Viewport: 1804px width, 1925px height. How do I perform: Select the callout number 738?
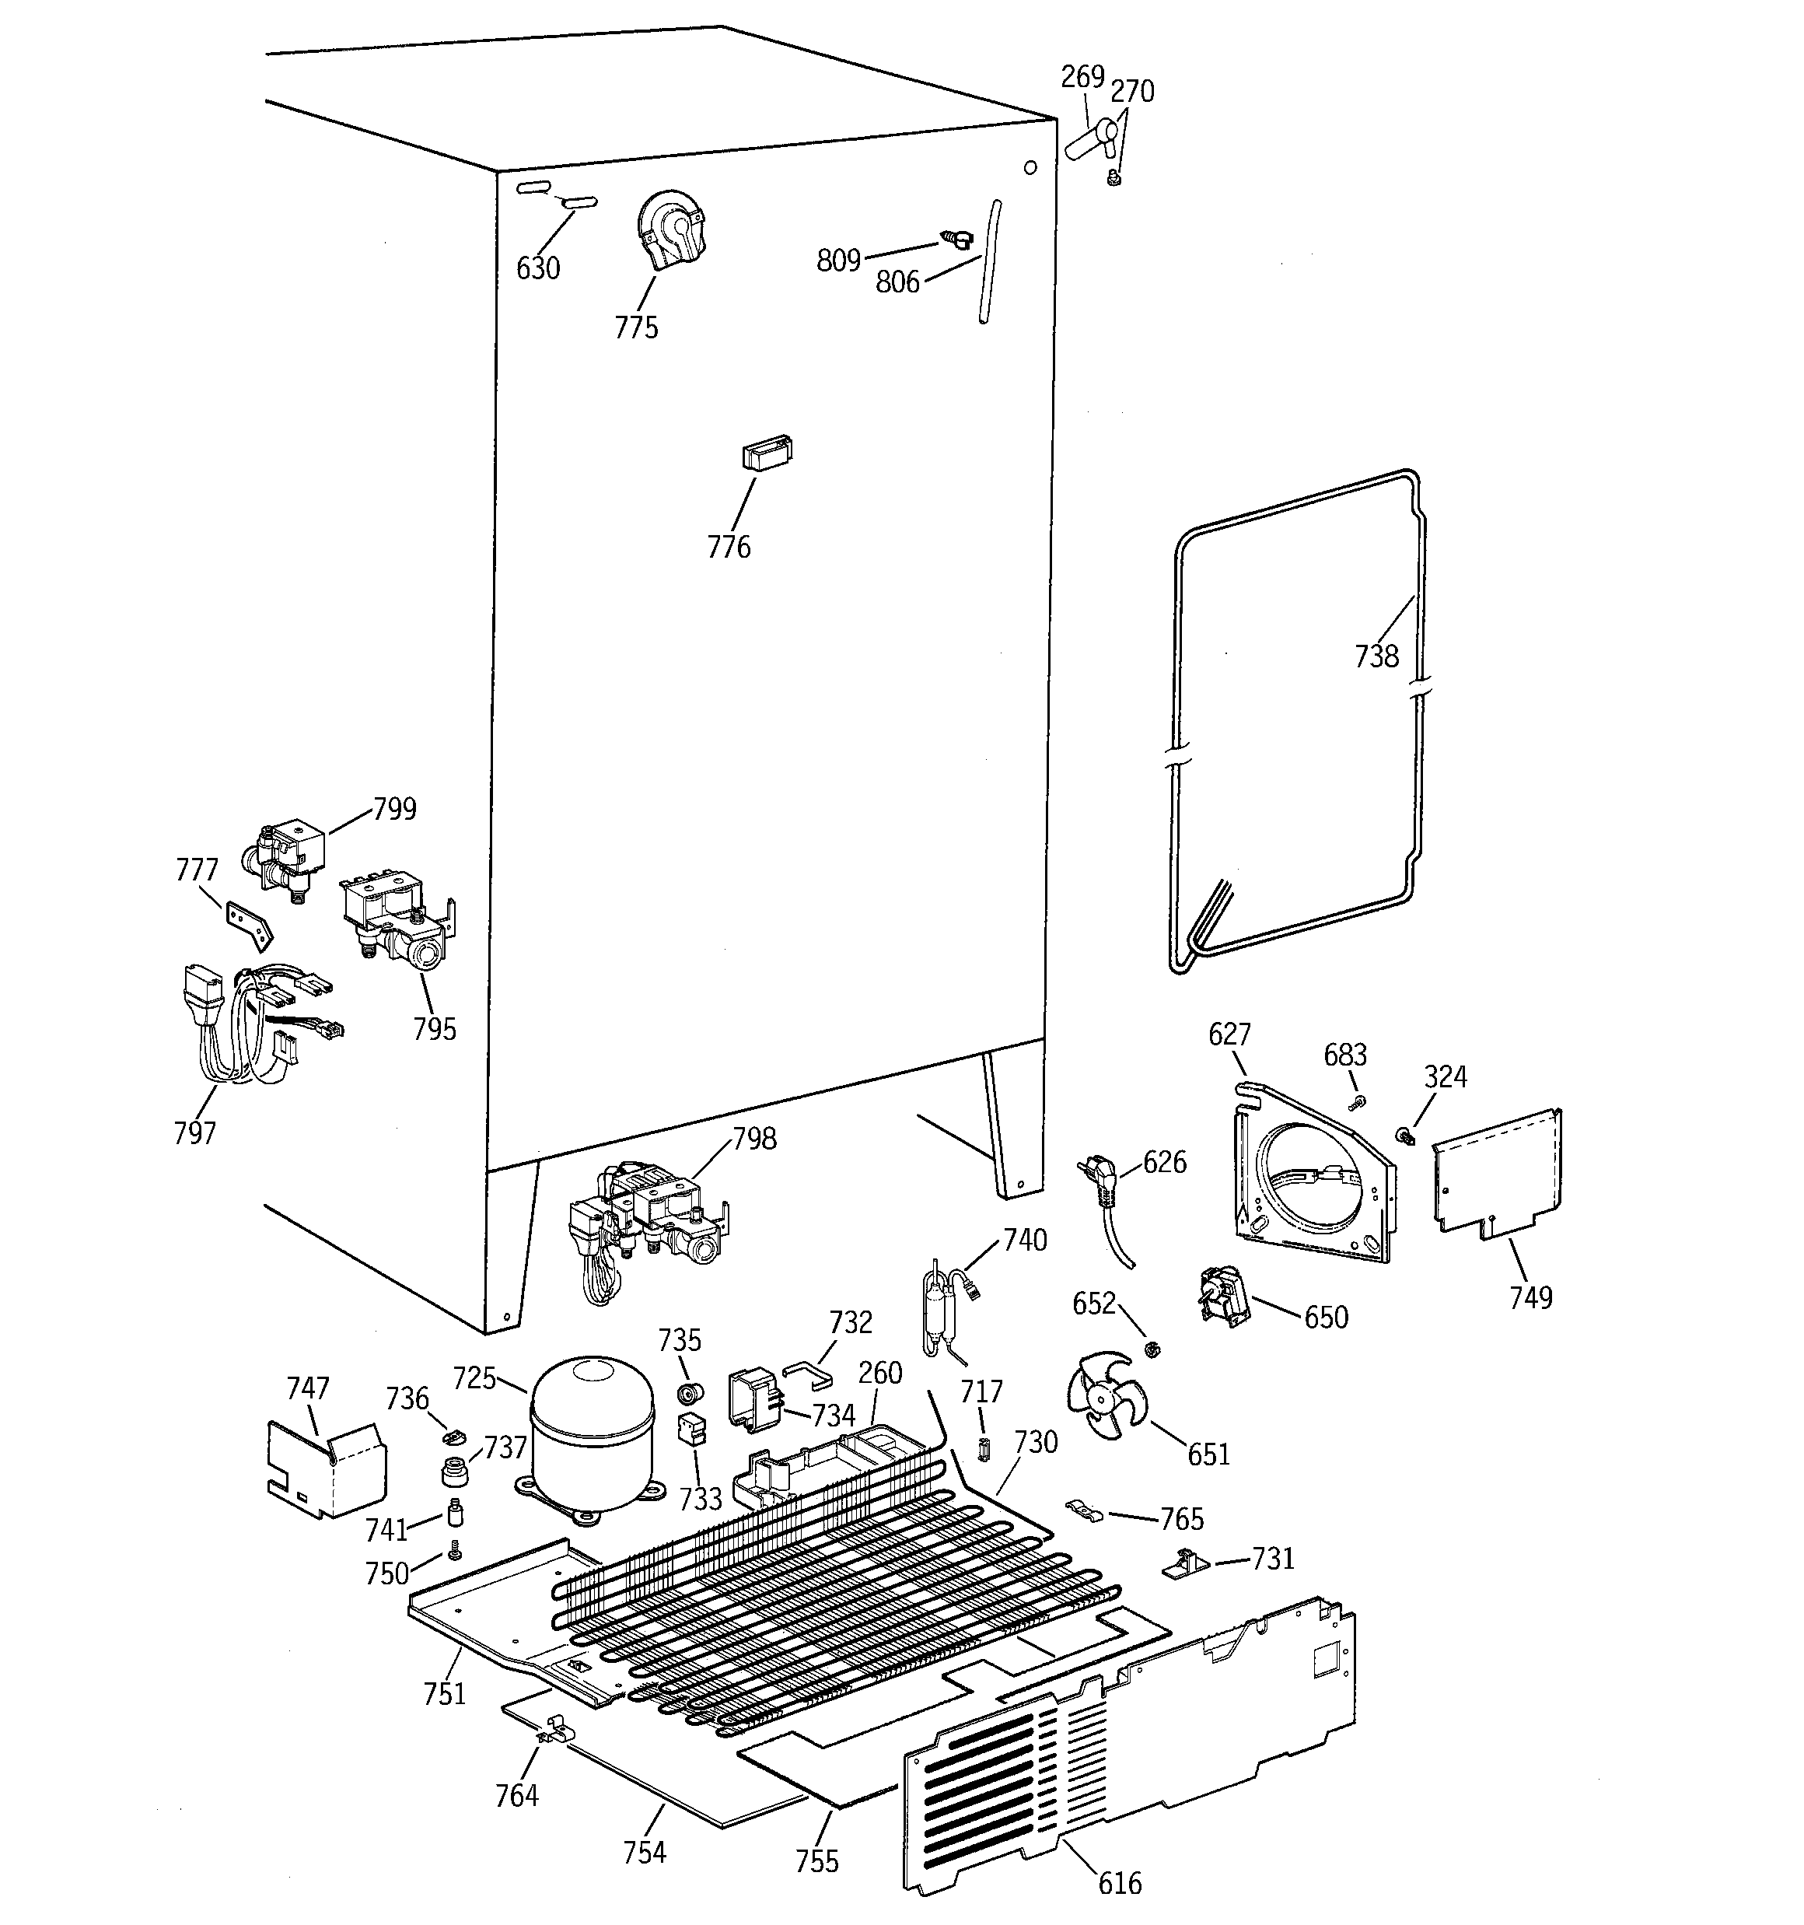click(x=1376, y=656)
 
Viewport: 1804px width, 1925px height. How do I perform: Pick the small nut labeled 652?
click(x=1152, y=1349)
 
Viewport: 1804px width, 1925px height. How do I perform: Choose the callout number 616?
click(x=1120, y=1882)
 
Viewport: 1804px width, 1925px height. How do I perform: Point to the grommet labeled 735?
click(x=690, y=1395)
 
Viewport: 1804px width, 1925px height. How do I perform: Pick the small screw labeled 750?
click(x=453, y=1552)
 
